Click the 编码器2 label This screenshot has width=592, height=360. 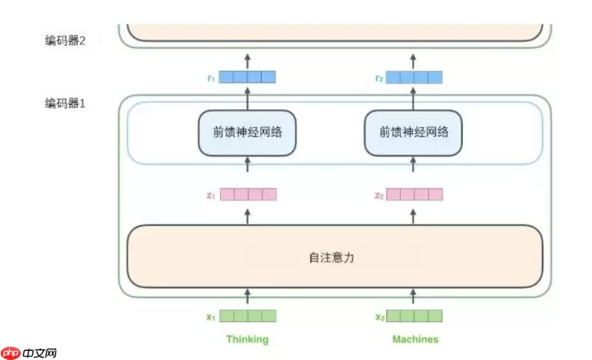point(65,40)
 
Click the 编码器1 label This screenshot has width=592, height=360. point(65,103)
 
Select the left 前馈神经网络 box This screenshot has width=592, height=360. point(247,132)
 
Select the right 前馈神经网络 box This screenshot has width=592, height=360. point(413,132)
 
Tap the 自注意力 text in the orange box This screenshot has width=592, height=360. point(332,257)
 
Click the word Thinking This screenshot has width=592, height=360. point(247,339)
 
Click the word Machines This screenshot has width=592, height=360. point(415,339)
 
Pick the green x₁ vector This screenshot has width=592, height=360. point(247,316)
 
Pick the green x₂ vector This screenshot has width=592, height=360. point(414,316)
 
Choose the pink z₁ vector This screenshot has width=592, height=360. point(247,195)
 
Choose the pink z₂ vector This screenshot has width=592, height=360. point(414,195)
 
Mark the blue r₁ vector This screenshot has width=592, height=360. point(247,77)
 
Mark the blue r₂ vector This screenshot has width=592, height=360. point(414,77)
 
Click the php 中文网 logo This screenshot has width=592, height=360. point(29,352)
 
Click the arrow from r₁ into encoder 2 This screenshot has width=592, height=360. point(247,60)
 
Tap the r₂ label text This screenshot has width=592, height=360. point(379,77)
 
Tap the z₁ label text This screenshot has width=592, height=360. point(211,195)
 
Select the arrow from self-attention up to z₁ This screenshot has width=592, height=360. point(247,215)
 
